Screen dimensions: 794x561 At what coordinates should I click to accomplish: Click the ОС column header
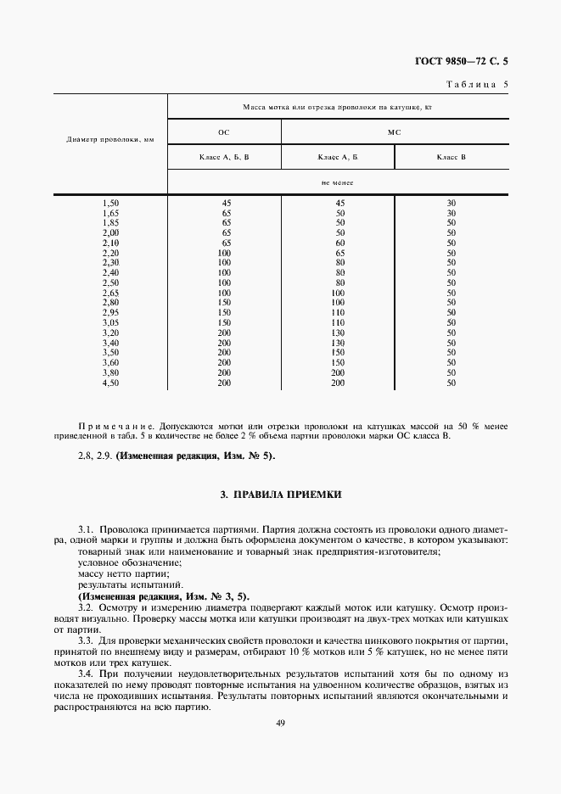tap(224, 132)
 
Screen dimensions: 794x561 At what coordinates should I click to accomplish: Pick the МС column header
tap(394, 132)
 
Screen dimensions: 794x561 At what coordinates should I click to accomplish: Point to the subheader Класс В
tap(451, 157)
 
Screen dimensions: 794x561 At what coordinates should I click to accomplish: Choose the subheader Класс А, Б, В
tap(224, 157)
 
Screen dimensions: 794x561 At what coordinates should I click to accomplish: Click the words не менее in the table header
tap(337, 182)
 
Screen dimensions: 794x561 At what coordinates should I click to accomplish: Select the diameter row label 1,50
tap(110, 203)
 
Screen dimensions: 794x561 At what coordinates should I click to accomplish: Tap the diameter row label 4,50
tap(110, 383)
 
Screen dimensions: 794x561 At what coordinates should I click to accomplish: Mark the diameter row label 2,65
tap(110, 293)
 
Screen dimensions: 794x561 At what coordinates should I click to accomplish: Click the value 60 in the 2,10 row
tap(339, 243)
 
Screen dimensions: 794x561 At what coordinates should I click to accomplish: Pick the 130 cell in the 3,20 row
tap(339, 333)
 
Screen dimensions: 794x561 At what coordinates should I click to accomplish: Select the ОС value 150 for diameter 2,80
tap(226, 303)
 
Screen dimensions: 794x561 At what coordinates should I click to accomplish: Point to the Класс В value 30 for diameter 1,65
tap(452, 213)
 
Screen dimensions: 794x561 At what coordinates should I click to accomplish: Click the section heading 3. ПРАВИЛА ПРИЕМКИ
tap(281, 493)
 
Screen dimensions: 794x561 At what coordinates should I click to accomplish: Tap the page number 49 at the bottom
tap(280, 723)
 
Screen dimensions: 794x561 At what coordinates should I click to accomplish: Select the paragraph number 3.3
tap(86, 640)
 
